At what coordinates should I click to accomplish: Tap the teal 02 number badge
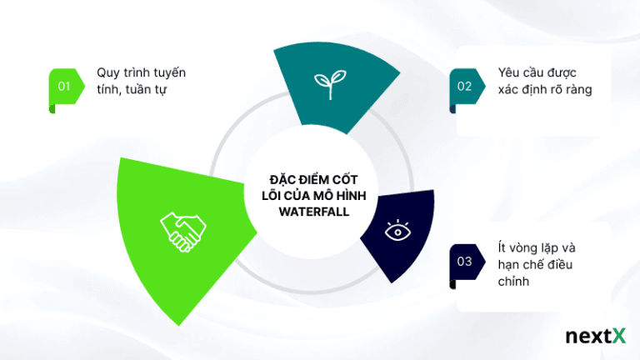pyautogui.click(x=465, y=85)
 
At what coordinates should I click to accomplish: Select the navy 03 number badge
pyautogui.click(x=465, y=261)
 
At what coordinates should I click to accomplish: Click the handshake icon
pyautogui.click(x=182, y=231)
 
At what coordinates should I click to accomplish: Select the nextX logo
pyautogui.click(x=594, y=336)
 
